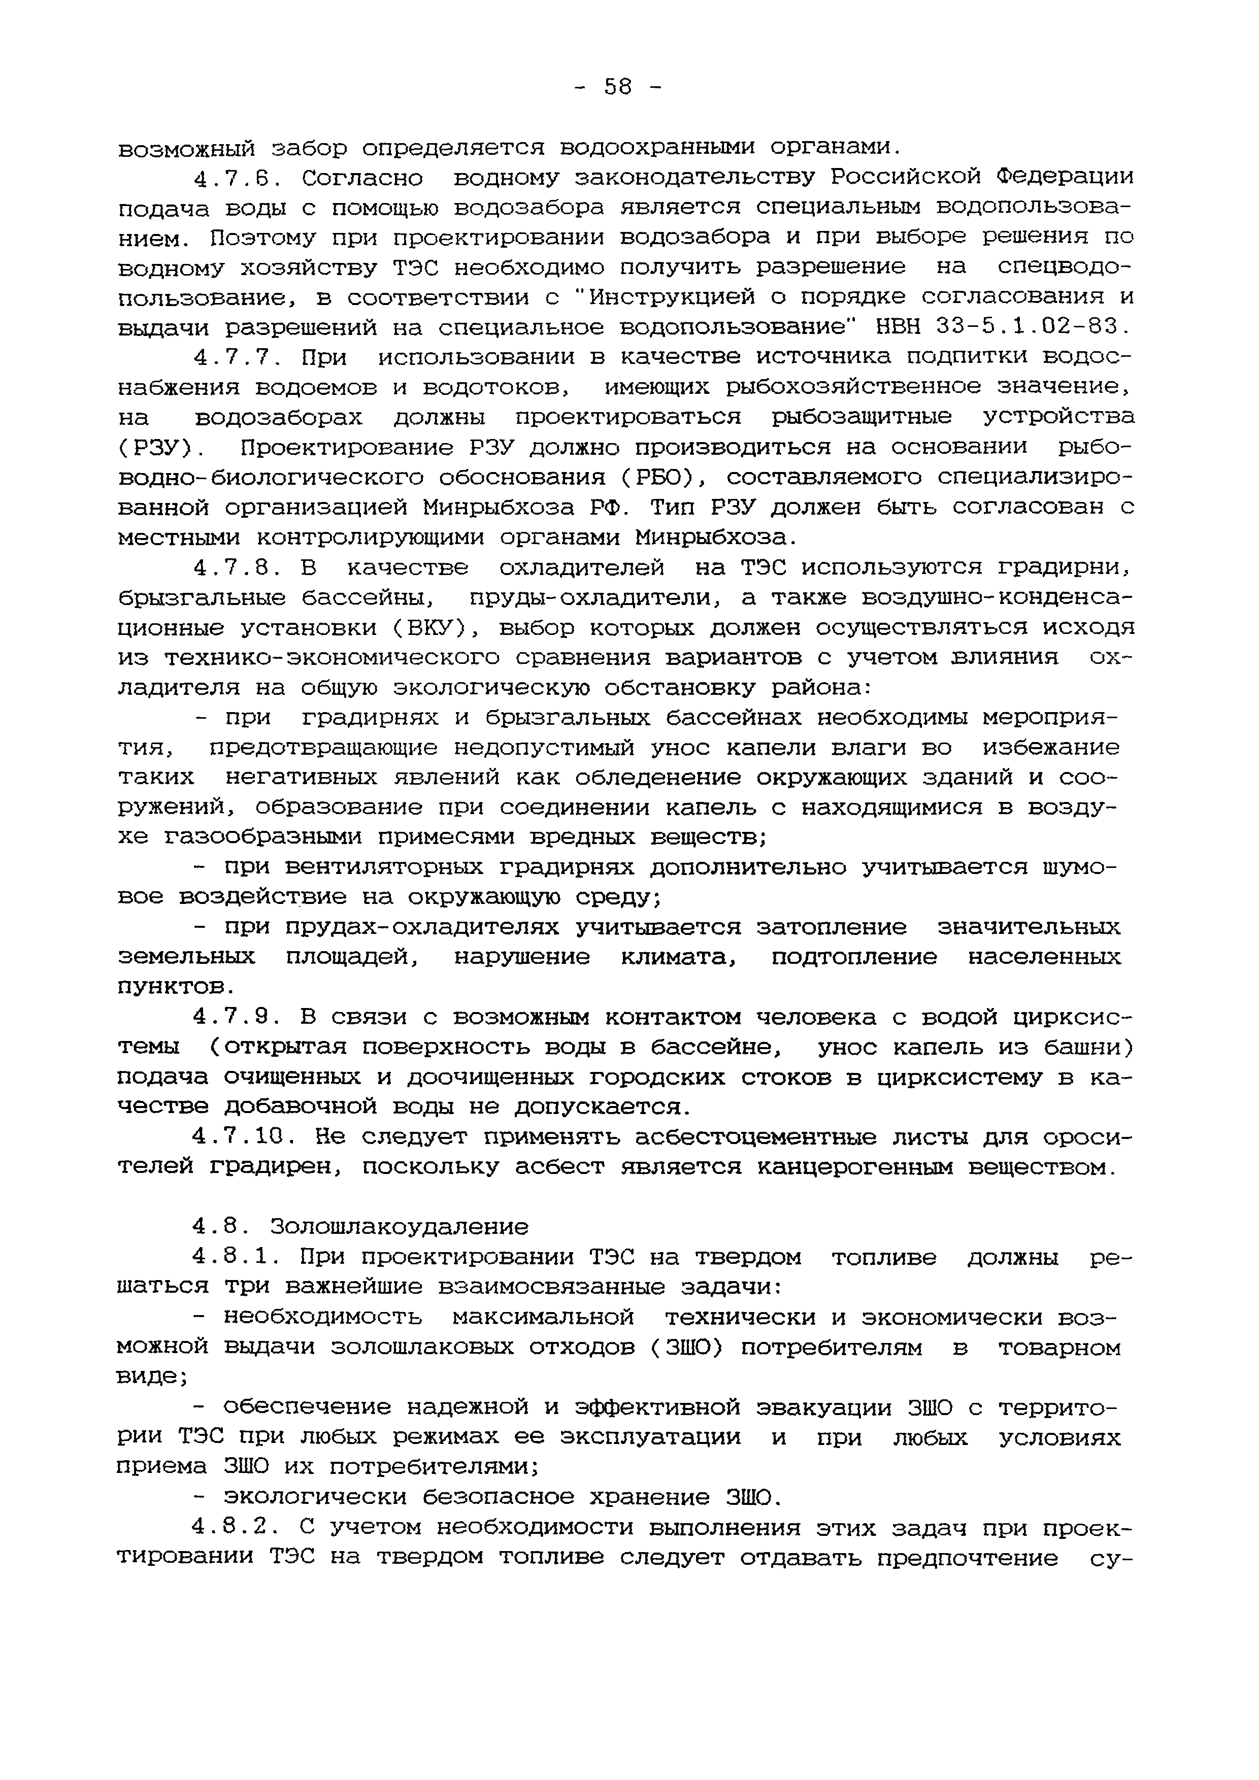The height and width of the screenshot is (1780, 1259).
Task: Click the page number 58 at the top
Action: point(618,87)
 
